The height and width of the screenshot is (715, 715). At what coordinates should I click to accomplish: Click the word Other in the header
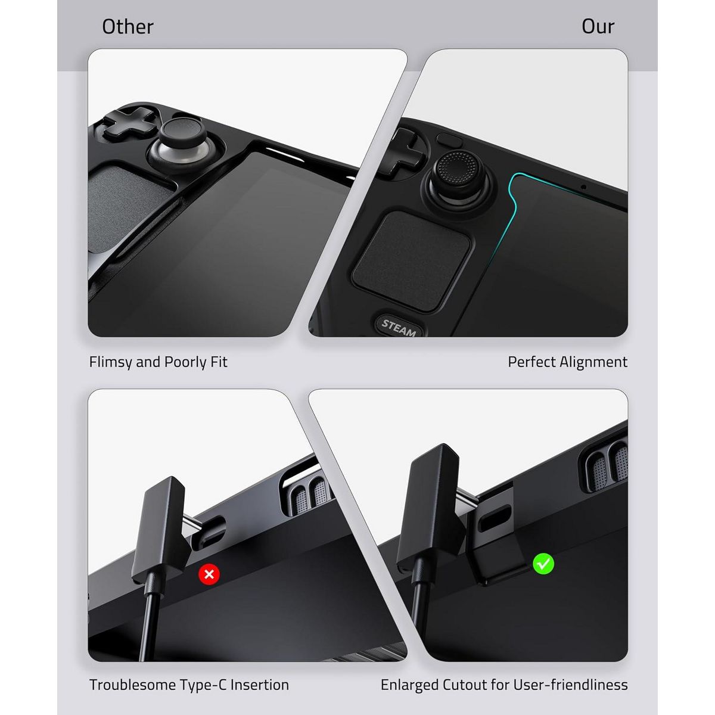click(x=128, y=27)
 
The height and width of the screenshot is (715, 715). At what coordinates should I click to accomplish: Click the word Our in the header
click(x=598, y=27)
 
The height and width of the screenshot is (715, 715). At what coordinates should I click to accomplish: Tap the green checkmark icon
click(x=543, y=564)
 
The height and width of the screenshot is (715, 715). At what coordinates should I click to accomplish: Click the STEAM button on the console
click(x=399, y=327)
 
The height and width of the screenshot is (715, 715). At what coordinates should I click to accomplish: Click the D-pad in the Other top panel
click(x=129, y=123)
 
